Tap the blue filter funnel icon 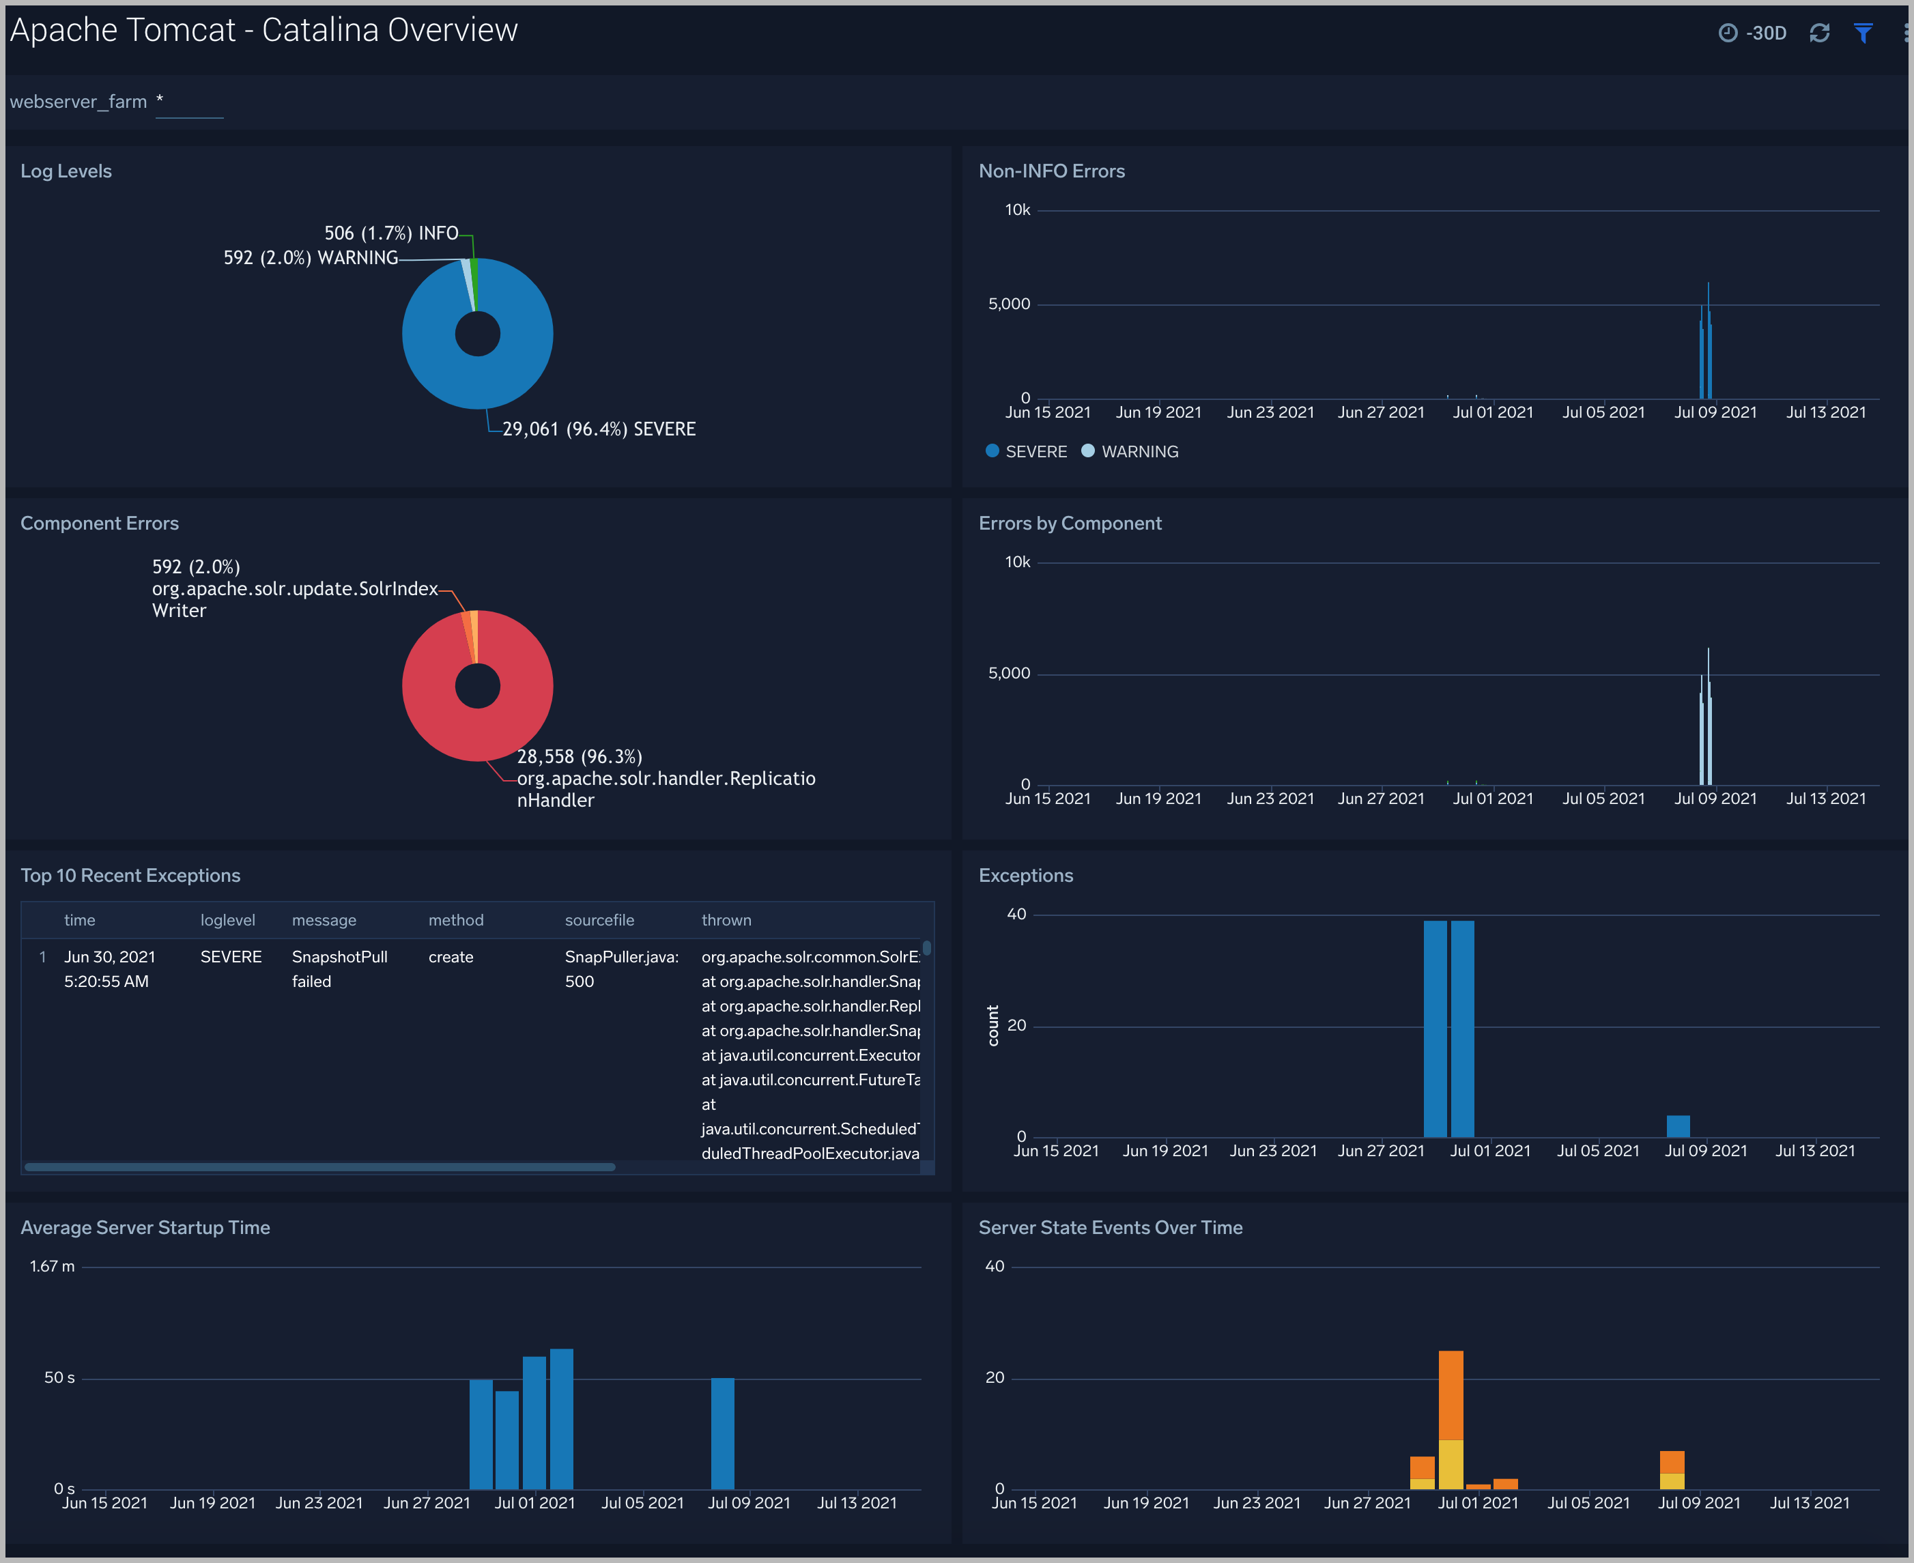click(1863, 33)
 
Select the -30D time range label click(1765, 33)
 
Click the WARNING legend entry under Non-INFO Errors click(1139, 452)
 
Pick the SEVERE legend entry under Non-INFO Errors click(1035, 452)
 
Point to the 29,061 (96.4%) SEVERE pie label click(599, 429)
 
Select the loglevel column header click(228, 920)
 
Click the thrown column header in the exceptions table click(726, 920)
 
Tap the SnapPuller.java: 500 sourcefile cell click(621, 969)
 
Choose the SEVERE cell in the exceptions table click(231, 957)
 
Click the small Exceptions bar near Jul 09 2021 click(1677, 1125)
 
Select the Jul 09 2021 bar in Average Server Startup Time click(722, 1433)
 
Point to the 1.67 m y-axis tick click(52, 1266)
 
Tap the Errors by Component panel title click(1070, 523)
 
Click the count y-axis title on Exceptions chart click(993, 1025)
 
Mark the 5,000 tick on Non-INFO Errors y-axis click(1008, 304)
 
